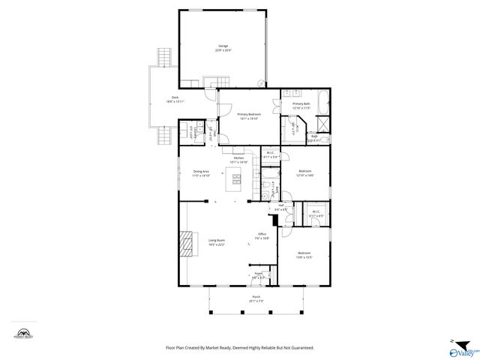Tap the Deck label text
(175, 98)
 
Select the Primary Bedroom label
(249, 115)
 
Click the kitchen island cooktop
(237, 179)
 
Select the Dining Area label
(200, 172)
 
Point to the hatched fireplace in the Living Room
(186, 244)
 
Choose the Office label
(262, 235)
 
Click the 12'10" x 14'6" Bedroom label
(305, 172)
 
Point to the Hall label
(280, 205)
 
